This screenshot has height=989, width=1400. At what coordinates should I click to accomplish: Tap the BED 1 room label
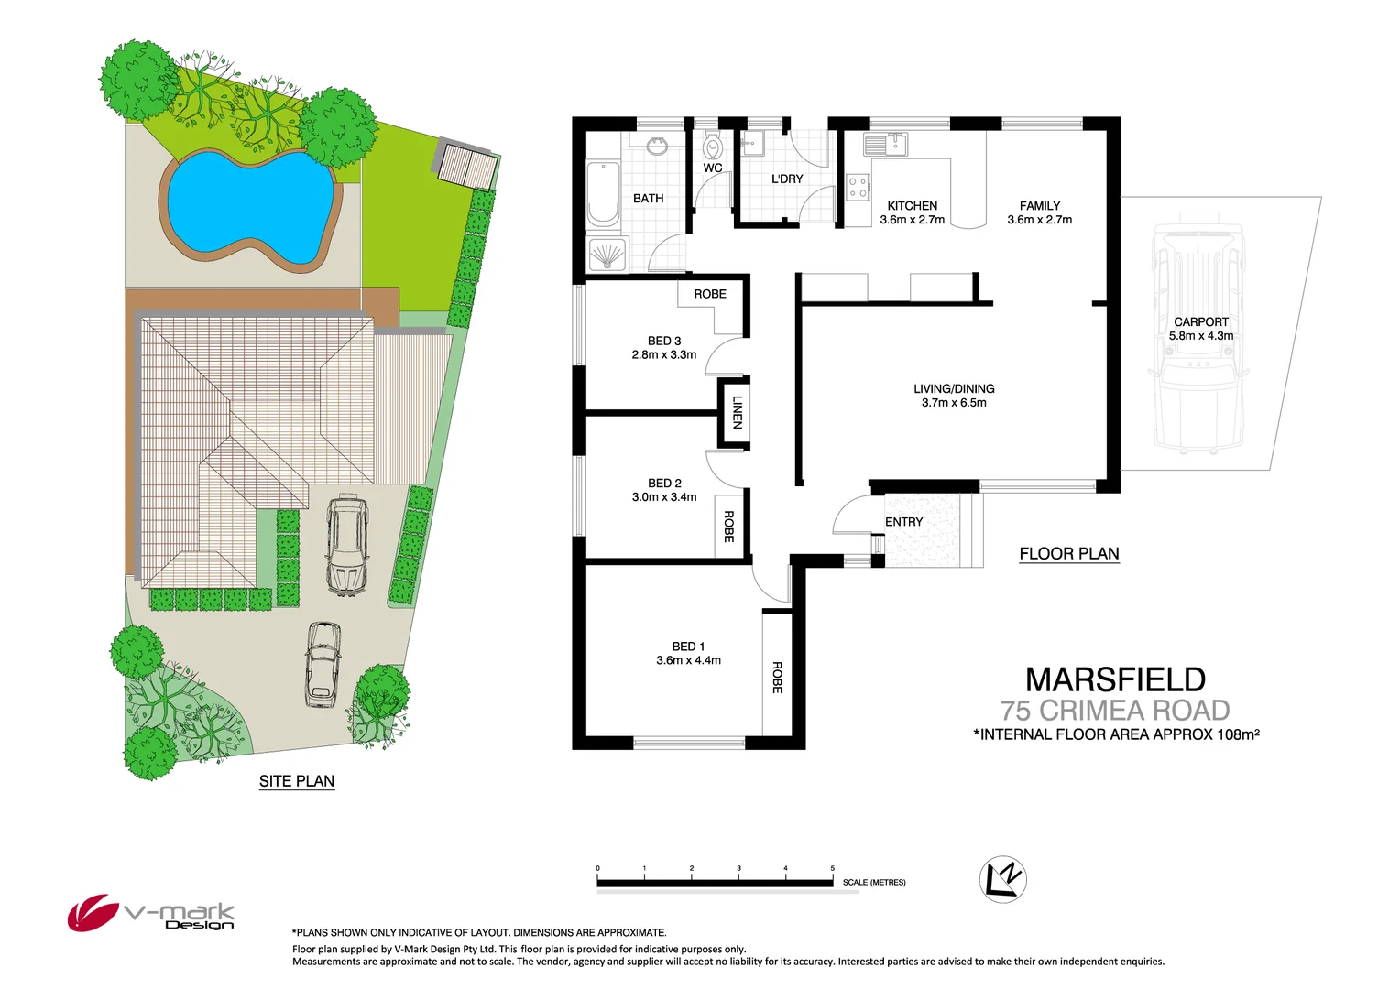(x=688, y=647)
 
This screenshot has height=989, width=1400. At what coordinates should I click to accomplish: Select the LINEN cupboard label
(x=737, y=412)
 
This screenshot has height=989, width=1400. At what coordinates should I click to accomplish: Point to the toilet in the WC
(x=713, y=147)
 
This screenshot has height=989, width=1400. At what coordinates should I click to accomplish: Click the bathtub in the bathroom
(x=602, y=193)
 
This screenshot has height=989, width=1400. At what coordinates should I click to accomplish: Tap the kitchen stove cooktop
(x=858, y=188)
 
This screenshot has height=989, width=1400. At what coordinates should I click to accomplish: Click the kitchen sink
(x=885, y=144)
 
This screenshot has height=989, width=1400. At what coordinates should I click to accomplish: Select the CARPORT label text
(x=1200, y=322)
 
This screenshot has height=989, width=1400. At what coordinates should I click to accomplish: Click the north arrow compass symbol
(x=1002, y=879)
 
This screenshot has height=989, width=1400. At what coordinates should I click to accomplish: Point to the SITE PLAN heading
(x=296, y=781)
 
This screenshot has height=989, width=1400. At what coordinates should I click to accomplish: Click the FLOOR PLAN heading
(x=1068, y=554)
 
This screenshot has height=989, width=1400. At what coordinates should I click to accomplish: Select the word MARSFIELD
(x=1115, y=679)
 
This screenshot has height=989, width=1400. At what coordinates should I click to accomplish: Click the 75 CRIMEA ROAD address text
(x=1114, y=711)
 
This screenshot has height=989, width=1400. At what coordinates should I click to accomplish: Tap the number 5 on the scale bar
(x=832, y=868)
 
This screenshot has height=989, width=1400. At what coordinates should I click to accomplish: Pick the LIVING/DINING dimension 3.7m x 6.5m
(x=954, y=403)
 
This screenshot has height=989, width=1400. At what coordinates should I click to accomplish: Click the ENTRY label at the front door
(x=903, y=522)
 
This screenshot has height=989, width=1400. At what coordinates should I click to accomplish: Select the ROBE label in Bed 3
(x=709, y=294)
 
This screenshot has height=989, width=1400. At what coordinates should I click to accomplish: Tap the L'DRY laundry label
(x=786, y=179)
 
